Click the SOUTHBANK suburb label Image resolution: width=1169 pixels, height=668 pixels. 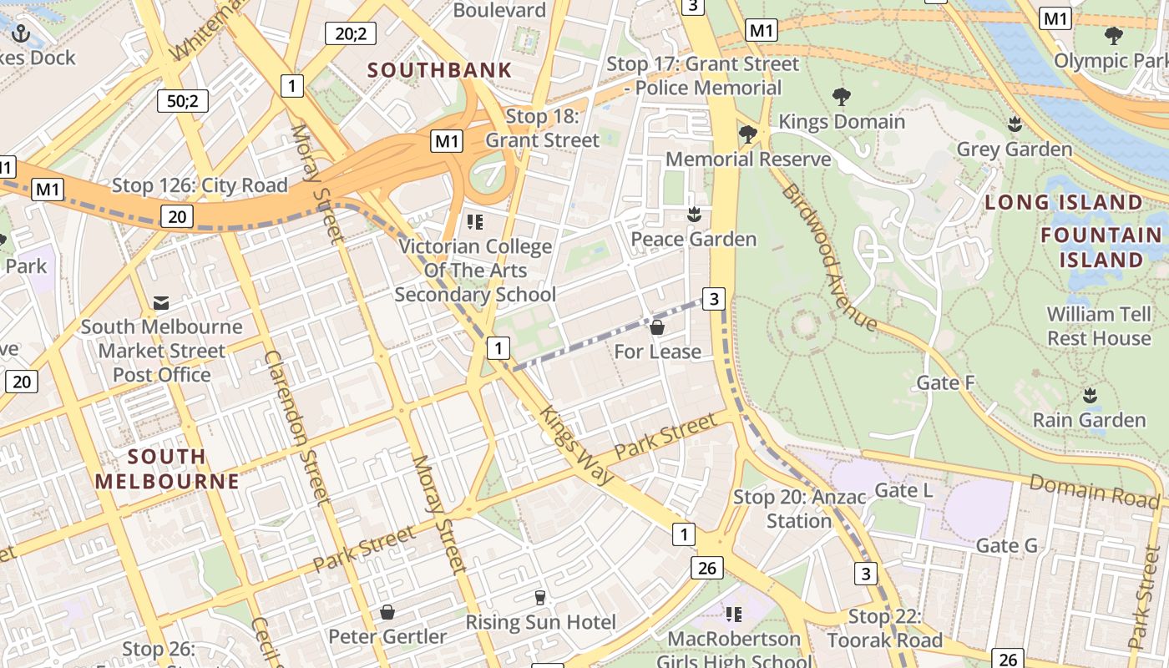pos(439,70)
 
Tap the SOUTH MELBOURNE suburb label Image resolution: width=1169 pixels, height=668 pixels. pos(167,469)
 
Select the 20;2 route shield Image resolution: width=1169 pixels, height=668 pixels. pos(350,33)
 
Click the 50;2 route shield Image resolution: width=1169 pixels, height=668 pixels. pos(183,101)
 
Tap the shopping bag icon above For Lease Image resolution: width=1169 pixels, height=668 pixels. pos(657,327)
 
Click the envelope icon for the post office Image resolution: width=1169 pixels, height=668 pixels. pos(161,302)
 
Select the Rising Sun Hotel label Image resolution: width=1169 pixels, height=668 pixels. pos(540,622)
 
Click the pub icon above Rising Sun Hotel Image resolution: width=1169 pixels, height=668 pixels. pos(540,598)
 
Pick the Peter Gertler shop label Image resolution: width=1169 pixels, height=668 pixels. pos(387,636)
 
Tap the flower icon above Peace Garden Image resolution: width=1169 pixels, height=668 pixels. pos(692,215)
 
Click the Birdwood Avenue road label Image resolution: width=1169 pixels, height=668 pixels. pos(828,257)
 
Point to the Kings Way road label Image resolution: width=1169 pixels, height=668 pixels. pos(576,445)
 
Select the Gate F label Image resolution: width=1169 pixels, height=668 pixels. pos(945,382)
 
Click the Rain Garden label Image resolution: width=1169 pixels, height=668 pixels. pos(1089,419)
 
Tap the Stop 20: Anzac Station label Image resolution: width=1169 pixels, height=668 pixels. pos(799,509)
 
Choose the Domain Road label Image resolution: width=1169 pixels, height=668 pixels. pos(1094,490)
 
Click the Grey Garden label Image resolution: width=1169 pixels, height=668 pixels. pos(1014,149)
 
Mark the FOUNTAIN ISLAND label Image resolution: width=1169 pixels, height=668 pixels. pos(1101,247)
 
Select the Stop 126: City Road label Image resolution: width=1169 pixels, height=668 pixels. pos(200,185)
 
